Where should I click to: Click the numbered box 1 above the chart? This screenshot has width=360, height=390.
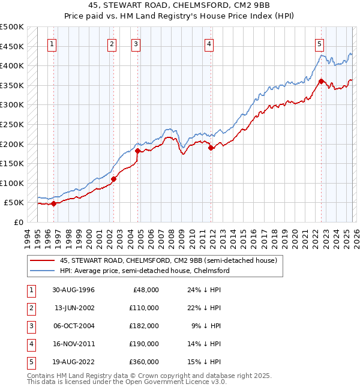point(53,43)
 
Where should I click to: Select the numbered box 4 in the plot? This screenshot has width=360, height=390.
point(209,43)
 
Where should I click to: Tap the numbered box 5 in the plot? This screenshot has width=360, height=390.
point(319,43)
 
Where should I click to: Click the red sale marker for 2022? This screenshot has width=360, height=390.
point(321,81)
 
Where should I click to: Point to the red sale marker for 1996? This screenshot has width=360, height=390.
point(53,203)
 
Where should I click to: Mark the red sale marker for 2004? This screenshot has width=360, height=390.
point(137,151)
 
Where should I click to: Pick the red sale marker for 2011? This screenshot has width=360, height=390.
point(211,148)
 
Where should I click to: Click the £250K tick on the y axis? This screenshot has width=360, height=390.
point(12,124)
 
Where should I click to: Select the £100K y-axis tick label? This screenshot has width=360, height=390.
point(12,183)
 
